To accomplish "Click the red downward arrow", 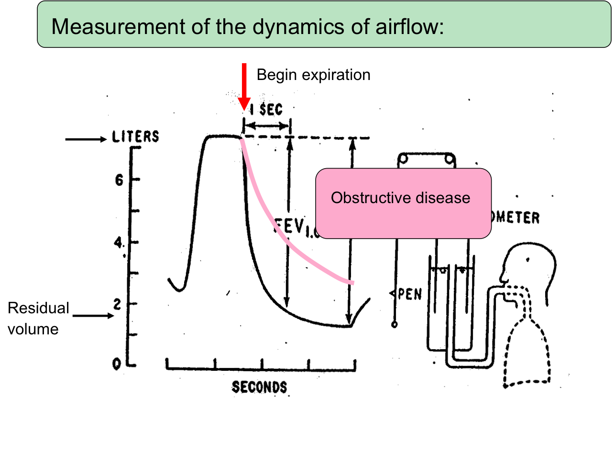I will (x=244, y=86).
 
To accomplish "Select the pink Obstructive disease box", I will (x=403, y=203).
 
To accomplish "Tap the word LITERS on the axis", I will (x=135, y=137).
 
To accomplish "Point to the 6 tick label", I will (x=119, y=180).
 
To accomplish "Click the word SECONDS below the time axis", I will (x=259, y=387).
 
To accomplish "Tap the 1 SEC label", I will (x=266, y=110).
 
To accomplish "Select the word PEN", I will (x=409, y=294).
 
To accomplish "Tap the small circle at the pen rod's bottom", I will (x=395, y=325).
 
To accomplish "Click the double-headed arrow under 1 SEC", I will (x=267, y=126).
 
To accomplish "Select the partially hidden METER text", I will (x=516, y=218).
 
